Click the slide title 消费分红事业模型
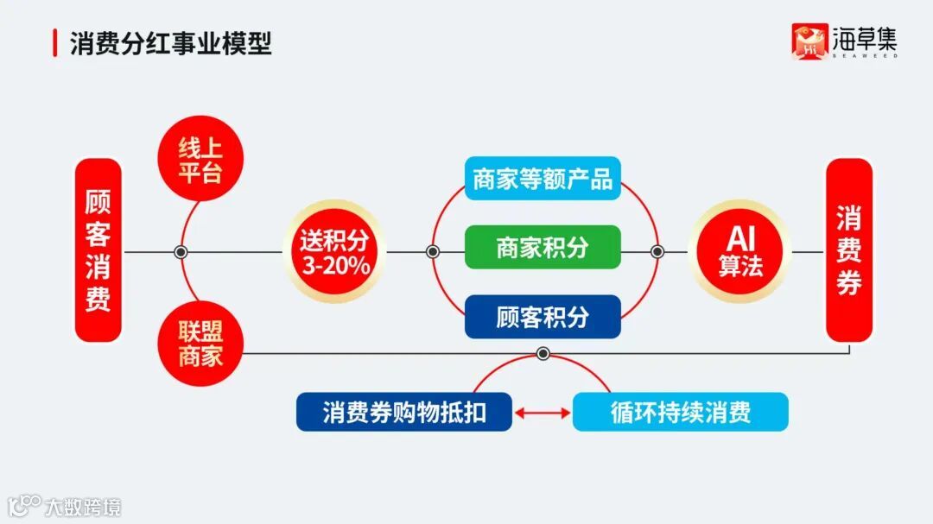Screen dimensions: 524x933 [170, 43]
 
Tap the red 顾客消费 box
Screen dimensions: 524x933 [98, 250]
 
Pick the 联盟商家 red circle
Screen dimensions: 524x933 [200, 344]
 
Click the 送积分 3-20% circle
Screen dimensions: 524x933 [334, 251]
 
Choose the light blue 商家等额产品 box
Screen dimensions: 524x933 [543, 179]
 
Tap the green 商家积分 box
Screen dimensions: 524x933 [543, 248]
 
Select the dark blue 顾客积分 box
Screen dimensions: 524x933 [543, 317]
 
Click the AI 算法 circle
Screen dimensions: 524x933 [740, 251]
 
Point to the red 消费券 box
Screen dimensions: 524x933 [849, 250]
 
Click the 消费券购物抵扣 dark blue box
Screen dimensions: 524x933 [404, 413]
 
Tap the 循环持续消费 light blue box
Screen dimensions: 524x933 [681, 413]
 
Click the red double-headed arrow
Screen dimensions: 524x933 [543, 414]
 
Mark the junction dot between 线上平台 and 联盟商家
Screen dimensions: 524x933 [181, 252]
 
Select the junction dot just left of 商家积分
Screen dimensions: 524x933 [434, 252]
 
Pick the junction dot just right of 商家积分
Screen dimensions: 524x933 [657, 252]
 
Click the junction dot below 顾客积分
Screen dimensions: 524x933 [543, 353]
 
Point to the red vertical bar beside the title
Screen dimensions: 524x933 [55, 43]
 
